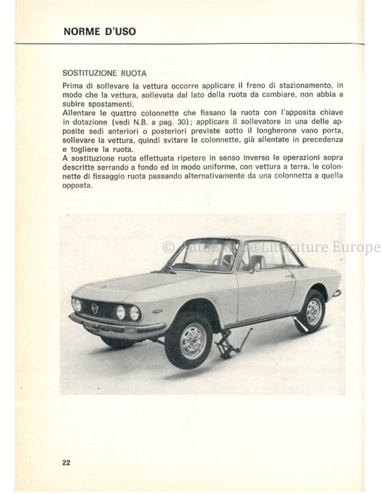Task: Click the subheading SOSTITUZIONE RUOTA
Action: (104, 73)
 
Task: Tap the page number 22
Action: (66, 462)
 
